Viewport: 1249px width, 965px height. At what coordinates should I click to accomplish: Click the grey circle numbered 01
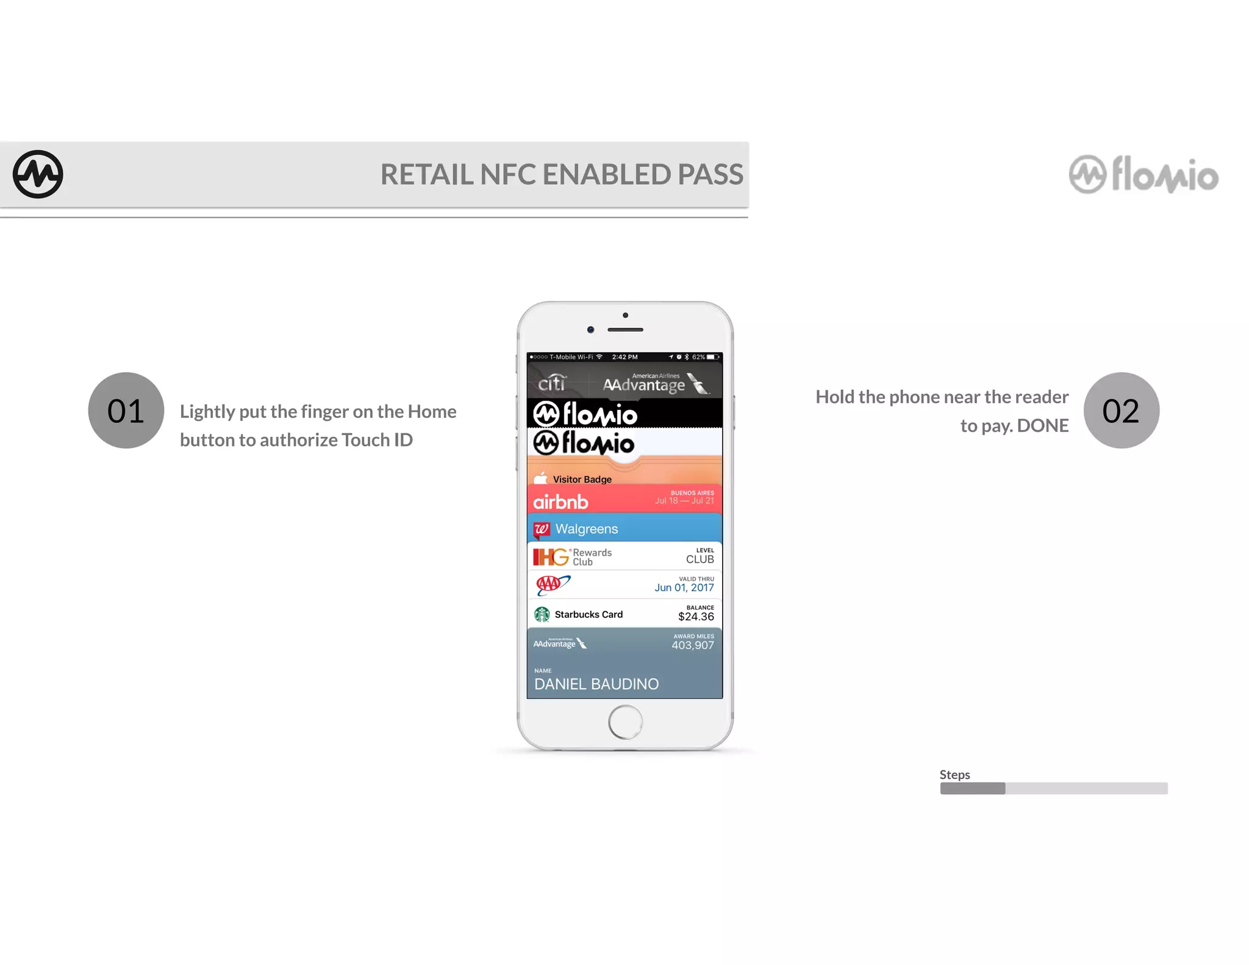(126, 411)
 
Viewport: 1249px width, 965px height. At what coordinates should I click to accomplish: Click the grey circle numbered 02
(1121, 411)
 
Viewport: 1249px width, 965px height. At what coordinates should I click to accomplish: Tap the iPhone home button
(625, 722)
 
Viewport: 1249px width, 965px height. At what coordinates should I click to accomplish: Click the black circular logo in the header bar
(38, 174)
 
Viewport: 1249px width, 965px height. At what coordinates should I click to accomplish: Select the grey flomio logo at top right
(1143, 175)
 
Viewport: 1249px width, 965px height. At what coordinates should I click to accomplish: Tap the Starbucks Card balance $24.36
(696, 617)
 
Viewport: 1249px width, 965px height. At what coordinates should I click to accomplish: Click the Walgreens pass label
(586, 529)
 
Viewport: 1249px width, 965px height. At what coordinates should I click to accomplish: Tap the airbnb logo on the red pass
(560, 502)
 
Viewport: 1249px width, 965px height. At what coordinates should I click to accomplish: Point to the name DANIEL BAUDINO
(596, 684)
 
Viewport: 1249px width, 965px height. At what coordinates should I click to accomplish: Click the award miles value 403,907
(692, 645)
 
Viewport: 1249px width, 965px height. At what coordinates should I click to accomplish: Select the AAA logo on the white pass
(552, 584)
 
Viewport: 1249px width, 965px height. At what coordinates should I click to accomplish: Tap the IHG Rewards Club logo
(572, 557)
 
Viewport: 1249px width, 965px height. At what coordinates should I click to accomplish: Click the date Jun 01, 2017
(684, 587)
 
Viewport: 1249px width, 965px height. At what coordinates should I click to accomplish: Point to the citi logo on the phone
(552, 382)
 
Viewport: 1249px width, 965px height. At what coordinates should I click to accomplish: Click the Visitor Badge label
(582, 479)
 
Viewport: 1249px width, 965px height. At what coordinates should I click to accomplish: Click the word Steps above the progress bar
(954, 775)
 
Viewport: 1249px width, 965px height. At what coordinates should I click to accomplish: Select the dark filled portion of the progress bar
(973, 789)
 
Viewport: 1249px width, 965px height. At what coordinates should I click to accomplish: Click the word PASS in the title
(710, 174)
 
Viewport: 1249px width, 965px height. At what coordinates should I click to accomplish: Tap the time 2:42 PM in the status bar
(624, 357)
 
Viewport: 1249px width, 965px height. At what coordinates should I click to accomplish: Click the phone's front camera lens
(590, 329)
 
